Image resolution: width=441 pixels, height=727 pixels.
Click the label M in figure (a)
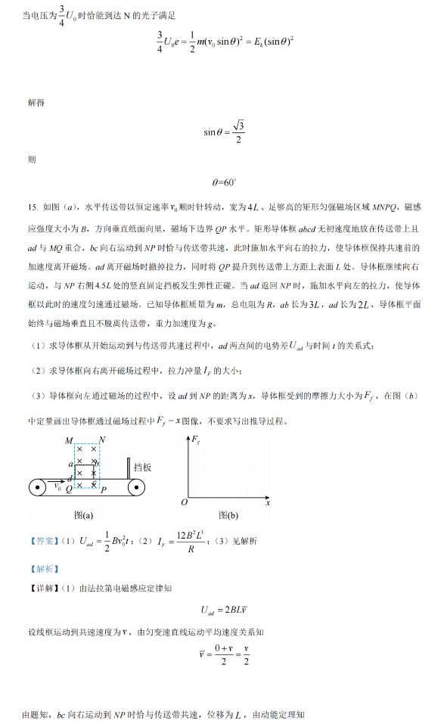click(69, 440)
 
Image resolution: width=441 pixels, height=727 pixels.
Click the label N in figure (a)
click(102, 440)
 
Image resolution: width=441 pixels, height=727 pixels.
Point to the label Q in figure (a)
click(68, 489)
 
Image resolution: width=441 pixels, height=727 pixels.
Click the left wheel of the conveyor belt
click(37, 487)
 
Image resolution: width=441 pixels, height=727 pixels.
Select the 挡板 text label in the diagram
click(143, 468)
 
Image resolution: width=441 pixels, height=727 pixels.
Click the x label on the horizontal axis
click(267, 502)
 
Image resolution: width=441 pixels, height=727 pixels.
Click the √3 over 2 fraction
click(238, 132)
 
